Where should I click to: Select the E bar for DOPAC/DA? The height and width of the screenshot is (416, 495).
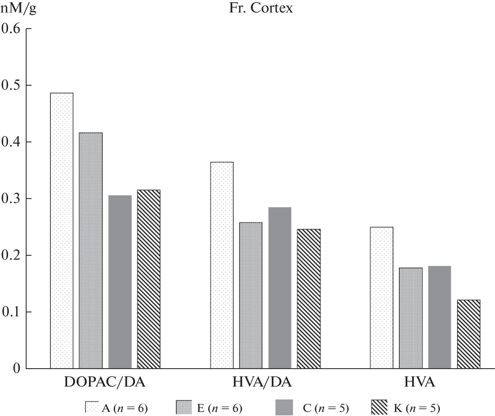91,250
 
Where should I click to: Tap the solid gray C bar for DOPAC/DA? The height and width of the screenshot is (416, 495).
120,282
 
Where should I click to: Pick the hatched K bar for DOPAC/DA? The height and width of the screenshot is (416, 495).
149,279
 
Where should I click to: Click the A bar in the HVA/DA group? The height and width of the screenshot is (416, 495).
222,265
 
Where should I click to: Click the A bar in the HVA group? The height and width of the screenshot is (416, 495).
381,298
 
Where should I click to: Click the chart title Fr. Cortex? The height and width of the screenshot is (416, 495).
261,8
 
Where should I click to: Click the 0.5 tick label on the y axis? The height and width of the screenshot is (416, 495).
11,85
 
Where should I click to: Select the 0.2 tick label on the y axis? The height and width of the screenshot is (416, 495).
11,255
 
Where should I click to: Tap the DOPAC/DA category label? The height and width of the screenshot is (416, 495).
105,383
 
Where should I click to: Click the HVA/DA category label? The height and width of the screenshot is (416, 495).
262,383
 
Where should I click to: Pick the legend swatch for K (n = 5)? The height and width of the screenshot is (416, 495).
379,408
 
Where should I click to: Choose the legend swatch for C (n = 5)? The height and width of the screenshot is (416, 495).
284,408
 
